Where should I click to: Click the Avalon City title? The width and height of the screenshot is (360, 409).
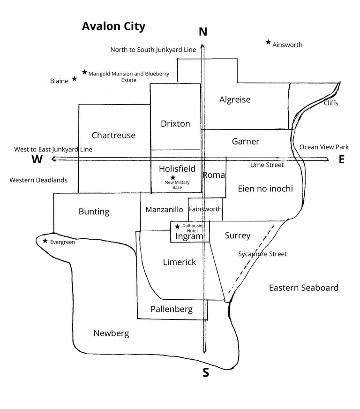113,26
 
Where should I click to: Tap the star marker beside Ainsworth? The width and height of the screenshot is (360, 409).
268,42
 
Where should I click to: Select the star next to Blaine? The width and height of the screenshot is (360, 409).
74,79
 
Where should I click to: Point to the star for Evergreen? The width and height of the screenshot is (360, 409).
45,241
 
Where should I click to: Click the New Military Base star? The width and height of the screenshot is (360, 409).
173,177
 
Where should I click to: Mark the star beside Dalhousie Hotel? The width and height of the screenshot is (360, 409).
177,227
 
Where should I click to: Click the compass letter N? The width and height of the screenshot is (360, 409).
203,32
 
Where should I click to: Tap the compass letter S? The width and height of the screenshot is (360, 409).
205,373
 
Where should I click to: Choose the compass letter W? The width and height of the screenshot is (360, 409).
37,159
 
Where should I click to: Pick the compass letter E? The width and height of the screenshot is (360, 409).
342,159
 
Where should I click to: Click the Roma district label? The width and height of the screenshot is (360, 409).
214,175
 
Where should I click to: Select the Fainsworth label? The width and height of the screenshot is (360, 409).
205,209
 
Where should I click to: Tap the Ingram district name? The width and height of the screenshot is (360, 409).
189,236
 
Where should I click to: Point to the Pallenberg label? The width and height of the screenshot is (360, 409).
172,309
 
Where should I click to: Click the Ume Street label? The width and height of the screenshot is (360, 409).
267,165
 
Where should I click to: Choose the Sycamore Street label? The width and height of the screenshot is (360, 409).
262,254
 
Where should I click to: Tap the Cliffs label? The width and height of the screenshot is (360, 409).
331,103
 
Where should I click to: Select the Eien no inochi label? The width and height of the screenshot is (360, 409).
265,189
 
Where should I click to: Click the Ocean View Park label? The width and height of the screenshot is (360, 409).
324,147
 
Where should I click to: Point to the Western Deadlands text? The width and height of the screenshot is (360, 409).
38,180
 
